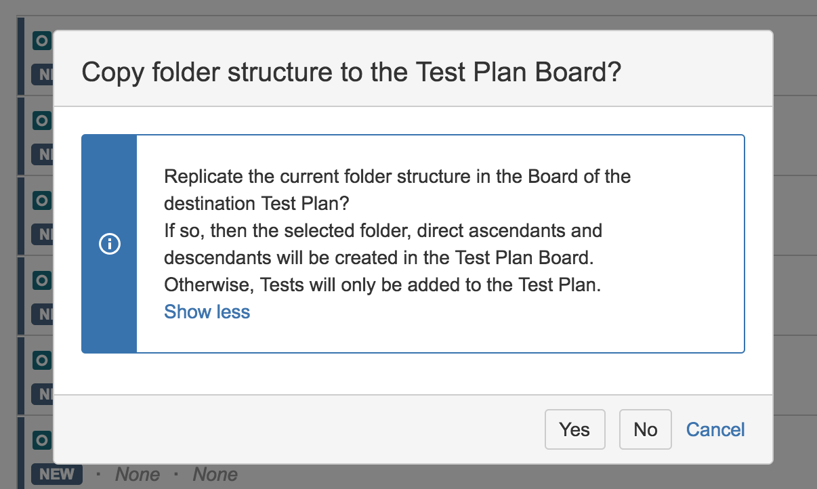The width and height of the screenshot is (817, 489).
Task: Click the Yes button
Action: pos(575,429)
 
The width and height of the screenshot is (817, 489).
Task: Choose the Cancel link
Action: pos(715,429)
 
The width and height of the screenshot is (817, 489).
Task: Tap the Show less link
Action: pos(207,312)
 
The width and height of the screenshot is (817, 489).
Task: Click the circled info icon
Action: pos(110,244)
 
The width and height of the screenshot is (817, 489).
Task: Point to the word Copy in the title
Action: pos(112,72)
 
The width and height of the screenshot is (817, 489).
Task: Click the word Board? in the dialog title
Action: pos(578,72)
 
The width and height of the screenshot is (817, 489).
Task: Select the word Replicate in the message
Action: pos(203,177)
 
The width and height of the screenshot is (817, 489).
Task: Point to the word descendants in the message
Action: pos(217,257)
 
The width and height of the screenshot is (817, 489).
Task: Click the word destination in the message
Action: pos(209,203)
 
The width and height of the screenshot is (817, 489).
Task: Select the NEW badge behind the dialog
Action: pos(56,474)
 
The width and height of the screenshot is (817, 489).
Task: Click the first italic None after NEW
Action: pos(138,474)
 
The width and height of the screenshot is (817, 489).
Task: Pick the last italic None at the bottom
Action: pos(215,474)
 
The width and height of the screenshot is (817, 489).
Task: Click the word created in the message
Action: pos(366,257)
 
